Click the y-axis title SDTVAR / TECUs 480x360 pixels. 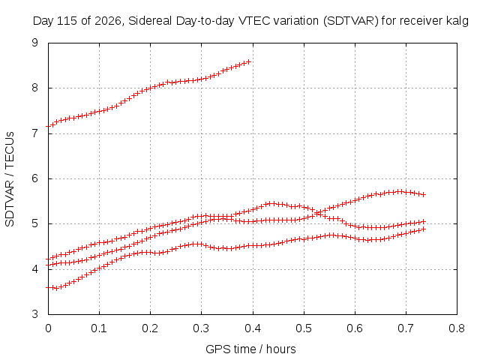(x=10, y=179)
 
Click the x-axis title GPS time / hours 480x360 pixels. (x=250, y=349)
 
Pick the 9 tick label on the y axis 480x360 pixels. (x=35, y=43)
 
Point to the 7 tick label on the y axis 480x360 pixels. (x=35, y=133)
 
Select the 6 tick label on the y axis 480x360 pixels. (x=35, y=178)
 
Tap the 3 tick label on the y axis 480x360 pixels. (x=35, y=314)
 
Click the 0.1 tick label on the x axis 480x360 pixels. (x=99, y=328)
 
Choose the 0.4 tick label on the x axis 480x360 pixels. (x=253, y=328)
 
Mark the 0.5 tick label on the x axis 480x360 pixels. (x=304, y=328)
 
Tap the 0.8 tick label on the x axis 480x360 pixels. (x=457, y=328)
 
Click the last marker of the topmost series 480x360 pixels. (x=249, y=61)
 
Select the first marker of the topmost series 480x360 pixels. (x=48, y=126)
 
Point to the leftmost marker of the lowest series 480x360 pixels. (x=48, y=288)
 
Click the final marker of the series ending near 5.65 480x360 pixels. (x=424, y=194)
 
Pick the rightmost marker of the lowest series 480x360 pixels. (x=424, y=229)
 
